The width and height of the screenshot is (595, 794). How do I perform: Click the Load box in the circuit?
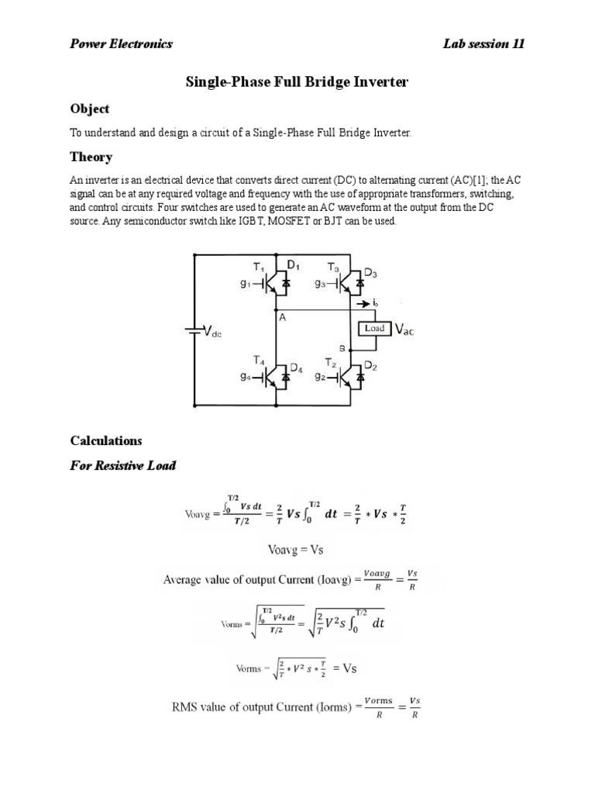(375, 329)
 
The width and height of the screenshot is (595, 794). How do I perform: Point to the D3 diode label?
(370, 272)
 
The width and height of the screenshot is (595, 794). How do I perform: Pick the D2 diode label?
(370, 365)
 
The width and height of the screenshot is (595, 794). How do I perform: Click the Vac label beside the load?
(405, 330)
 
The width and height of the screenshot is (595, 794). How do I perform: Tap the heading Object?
(90, 109)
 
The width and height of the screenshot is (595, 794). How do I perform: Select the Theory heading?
(91, 157)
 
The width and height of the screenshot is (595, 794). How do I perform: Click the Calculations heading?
(106, 440)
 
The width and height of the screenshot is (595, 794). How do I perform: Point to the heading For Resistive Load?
(123, 465)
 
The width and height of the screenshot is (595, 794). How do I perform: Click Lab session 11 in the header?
(483, 43)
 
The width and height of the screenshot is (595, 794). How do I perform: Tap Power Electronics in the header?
(122, 43)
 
